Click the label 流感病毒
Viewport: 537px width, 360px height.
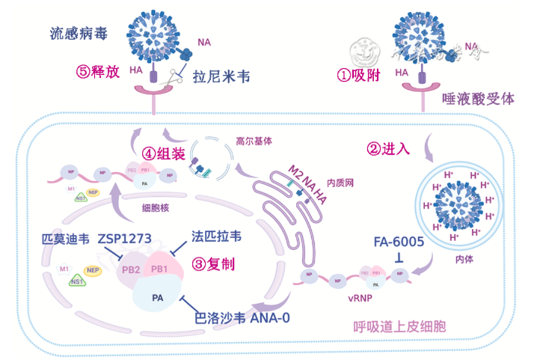tap(77, 34)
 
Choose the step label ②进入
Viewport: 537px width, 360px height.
tap(388, 148)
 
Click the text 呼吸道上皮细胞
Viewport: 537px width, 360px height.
tap(400, 327)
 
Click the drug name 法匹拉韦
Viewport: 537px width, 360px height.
tap(216, 236)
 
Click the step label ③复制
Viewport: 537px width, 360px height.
tap(215, 263)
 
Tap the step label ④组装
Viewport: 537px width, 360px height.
tap(164, 153)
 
